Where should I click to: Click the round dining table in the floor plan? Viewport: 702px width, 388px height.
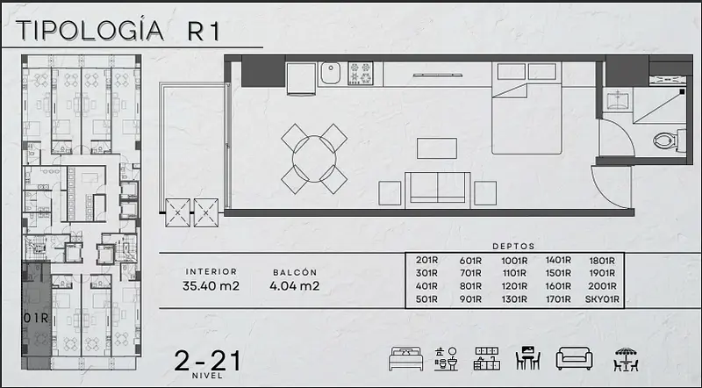(x=314, y=159)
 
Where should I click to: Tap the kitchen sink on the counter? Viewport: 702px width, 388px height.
(x=330, y=73)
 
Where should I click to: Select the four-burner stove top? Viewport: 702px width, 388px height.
(x=361, y=73)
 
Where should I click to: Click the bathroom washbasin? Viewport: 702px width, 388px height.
(x=618, y=99)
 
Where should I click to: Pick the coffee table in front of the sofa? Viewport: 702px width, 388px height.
(x=436, y=148)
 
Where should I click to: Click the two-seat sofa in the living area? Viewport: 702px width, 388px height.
(x=437, y=190)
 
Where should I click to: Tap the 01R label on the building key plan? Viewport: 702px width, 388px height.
(x=36, y=318)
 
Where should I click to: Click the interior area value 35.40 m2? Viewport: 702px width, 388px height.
(x=211, y=286)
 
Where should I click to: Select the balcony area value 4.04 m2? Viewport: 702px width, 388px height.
(x=295, y=286)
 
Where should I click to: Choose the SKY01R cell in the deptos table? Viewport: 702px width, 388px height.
(x=602, y=299)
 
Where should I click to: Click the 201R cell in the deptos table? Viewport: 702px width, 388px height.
(x=426, y=261)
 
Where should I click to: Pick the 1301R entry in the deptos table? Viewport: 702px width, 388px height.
(x=514, y=299)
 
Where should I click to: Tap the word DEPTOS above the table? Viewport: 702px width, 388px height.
(x=513, y=246)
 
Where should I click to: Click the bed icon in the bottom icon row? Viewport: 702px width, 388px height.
(x=405, y=359)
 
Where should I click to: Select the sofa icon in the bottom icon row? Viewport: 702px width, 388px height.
(x=575, y=359)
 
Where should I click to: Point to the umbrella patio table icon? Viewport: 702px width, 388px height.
(x=626, y=359)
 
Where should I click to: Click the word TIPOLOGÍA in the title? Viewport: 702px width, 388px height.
(x=90, y=31)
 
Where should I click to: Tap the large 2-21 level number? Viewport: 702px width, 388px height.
(x=207, y=361)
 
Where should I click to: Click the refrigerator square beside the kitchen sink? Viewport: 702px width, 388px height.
(x=301, y=78)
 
